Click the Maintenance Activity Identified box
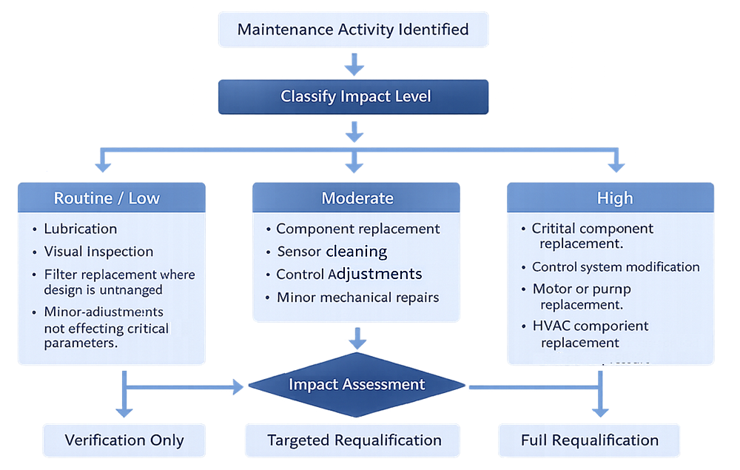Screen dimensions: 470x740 click(x=353, y=30)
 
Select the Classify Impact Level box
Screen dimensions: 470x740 click(x=353, y=97)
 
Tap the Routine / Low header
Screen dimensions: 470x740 click(x=107, y=198)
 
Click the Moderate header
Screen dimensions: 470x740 click(x=357, y=198)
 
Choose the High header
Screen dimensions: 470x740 click(x=614, y=198)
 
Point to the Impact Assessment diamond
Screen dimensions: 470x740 click(x=357, y=385)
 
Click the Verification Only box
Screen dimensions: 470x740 click(x=124, y=440)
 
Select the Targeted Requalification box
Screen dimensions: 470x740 click(x=354, y=440)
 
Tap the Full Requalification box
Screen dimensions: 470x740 click(x=589, y=440)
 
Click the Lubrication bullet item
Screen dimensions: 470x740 click(x=80, y=229)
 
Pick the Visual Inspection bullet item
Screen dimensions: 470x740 click(x=98, y=252)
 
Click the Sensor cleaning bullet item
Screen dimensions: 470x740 click(x=332, y=252)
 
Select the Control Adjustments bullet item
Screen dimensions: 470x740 click(x=349, y=275)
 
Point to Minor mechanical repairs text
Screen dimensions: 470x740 click(x=357, y=298)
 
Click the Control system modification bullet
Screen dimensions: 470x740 click(x=615, y=267)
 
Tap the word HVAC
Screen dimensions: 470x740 click(x=551, y=326)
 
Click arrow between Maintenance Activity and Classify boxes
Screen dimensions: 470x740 click(x=354, y=66)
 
